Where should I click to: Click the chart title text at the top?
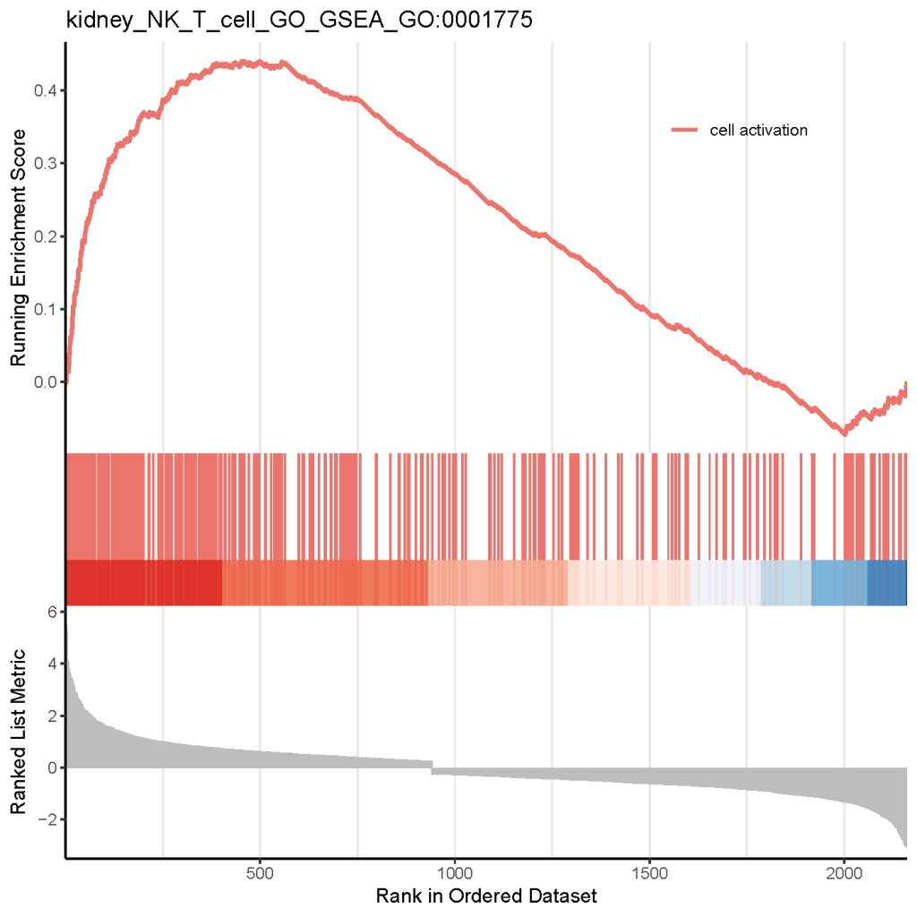(x=299, y=21)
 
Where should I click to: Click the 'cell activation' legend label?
(x=758, y=130)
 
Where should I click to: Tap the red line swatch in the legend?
(x=685, y=130)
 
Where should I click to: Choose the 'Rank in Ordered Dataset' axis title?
(x=486, y=896)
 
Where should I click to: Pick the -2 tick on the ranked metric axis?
(x=48, y=819)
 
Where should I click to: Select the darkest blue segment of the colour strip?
(x=887, y=583)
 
